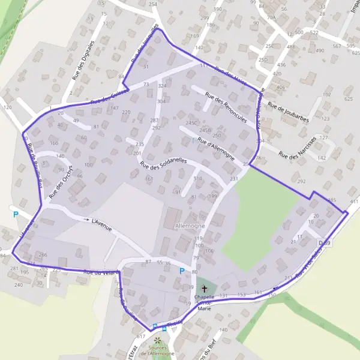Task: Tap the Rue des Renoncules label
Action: [x=226, y=106]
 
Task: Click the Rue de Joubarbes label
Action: [x=288, y=113]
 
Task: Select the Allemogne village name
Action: [x=190, y=226]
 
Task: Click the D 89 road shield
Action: [x=323, y=241]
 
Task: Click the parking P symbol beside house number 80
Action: [x=181, y=271]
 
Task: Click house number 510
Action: [x=197, y=179]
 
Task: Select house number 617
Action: [x=140, y=337]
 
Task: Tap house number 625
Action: [x=349, y=98]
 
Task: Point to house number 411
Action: [x=353, y=201]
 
